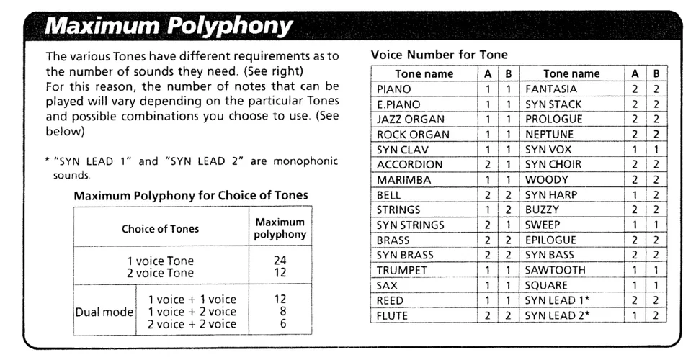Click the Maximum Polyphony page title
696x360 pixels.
point(169,26)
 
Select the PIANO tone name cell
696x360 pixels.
point(394,89)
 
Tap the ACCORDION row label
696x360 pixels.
point(409,165)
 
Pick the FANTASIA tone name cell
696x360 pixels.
point(551,89)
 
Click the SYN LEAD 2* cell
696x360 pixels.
point(553,316)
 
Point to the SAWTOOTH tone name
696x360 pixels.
point(556,271)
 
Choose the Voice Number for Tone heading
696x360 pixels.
point(439,55)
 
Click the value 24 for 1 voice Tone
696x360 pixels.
point(280,261)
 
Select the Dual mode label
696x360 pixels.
point(104,312)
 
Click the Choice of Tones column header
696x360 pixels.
point(160,229)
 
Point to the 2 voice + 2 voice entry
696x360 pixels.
point(192,325)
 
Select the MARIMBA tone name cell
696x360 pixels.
point(404,180)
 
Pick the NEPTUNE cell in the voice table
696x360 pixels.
point(550,135)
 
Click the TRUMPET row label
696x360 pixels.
point(402,271)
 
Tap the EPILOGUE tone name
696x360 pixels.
point(550,240)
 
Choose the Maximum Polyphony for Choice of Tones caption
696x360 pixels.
point(191,196)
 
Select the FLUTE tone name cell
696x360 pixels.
point(392,316)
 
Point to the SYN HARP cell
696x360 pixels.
point(551,195)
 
